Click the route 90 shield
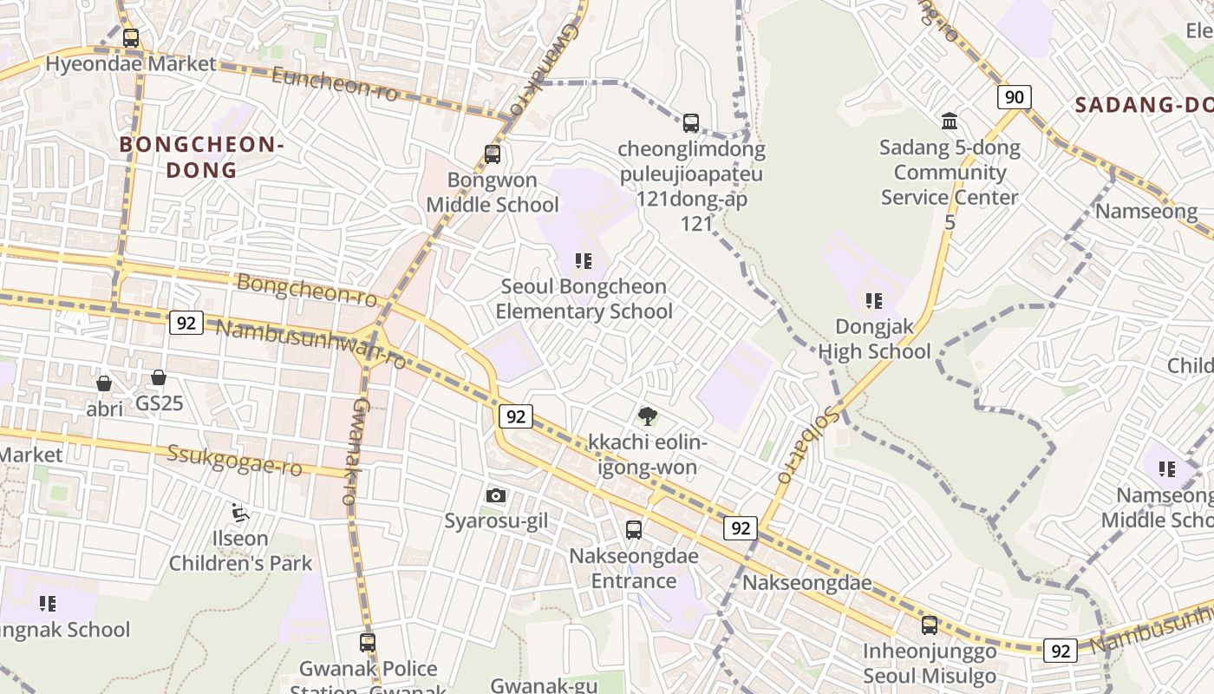point(1014,96)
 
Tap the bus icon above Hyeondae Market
point(131,38)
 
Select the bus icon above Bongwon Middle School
point(493,154)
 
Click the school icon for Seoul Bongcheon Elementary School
point(584,260)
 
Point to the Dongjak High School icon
point(873,301)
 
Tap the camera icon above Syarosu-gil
point(496,495)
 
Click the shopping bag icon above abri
point(104,383)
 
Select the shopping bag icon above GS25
point(159,377)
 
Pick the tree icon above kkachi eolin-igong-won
point(647,416)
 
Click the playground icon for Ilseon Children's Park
point(240,513)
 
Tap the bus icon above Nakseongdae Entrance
point(634,529)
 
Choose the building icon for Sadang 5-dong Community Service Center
point(950,121)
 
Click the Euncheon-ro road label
point(335,83)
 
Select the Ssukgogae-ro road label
point(234,461)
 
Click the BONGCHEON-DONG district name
point(202,156)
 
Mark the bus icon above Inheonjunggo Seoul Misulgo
point(930,625)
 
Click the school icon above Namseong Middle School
point(1167,469)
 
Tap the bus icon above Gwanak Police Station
point(368,643)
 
